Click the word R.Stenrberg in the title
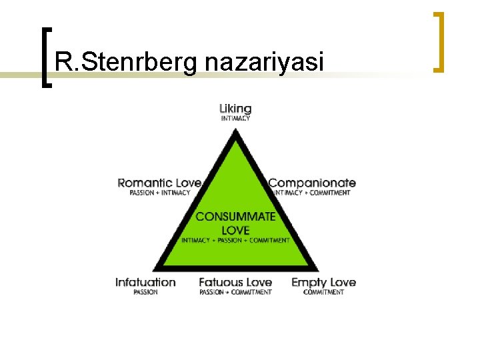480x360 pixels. pyautogui.click(x=127, y=63)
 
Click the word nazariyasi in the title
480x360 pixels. pyautogui.click(x=265, y=63)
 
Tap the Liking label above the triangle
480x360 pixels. pyautogui.click(x=235, y=108)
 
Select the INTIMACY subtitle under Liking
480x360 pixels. pyautogui.click(x=235, y=119)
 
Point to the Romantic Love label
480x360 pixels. pyautogui.click(x=159, y=183)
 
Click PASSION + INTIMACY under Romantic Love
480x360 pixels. pyautogui.click(x=160, y=193)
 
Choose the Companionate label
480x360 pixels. pyautogui.click(x=312, y=183)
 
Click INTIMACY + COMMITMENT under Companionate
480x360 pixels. pyautogui.click(x=312, y=193)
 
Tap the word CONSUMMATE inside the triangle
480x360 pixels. pyautogui.click(x=235, y=217)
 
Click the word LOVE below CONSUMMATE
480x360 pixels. pyautogui.click(x=235, y=229)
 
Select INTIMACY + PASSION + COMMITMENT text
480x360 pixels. pyautogui.click(x=235, y=240)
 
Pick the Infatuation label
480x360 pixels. pyautogui.click(x=145, y=282)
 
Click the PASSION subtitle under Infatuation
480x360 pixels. pyautogui.click(x=145, y=292)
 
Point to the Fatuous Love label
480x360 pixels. pyautogui.click(x=235, y=282)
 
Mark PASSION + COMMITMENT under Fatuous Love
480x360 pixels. pyautogui.click(x=235, y=292)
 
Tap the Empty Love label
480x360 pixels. pyautogui.click(x=323, y=282)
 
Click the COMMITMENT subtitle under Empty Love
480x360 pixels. pyautogui.click(x=323, y=292)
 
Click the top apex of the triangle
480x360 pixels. pyautogui.click(x=235, y=131)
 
